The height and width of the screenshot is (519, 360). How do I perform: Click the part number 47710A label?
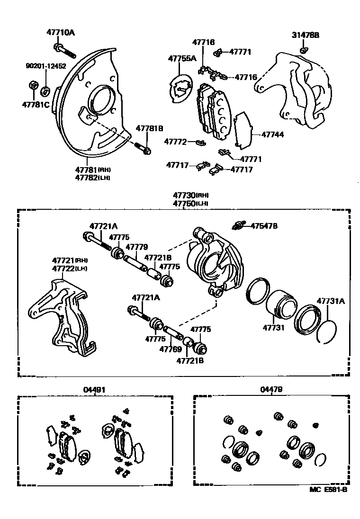[61, 33]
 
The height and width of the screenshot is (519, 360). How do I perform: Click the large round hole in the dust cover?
[100, 101]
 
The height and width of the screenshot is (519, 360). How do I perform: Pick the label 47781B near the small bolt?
[149, 128]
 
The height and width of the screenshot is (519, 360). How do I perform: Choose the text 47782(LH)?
[92, 177]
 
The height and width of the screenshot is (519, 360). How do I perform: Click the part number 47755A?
[182, 59]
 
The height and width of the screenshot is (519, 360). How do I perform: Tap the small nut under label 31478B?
[304, 50]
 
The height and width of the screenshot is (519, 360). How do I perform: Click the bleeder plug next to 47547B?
[240, 224]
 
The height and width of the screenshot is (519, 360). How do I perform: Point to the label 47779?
[136, 247]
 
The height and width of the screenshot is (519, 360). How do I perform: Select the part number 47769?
[171, 349]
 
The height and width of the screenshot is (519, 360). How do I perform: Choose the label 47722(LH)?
[70, 268]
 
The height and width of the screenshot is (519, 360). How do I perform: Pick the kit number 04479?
[271, 389]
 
